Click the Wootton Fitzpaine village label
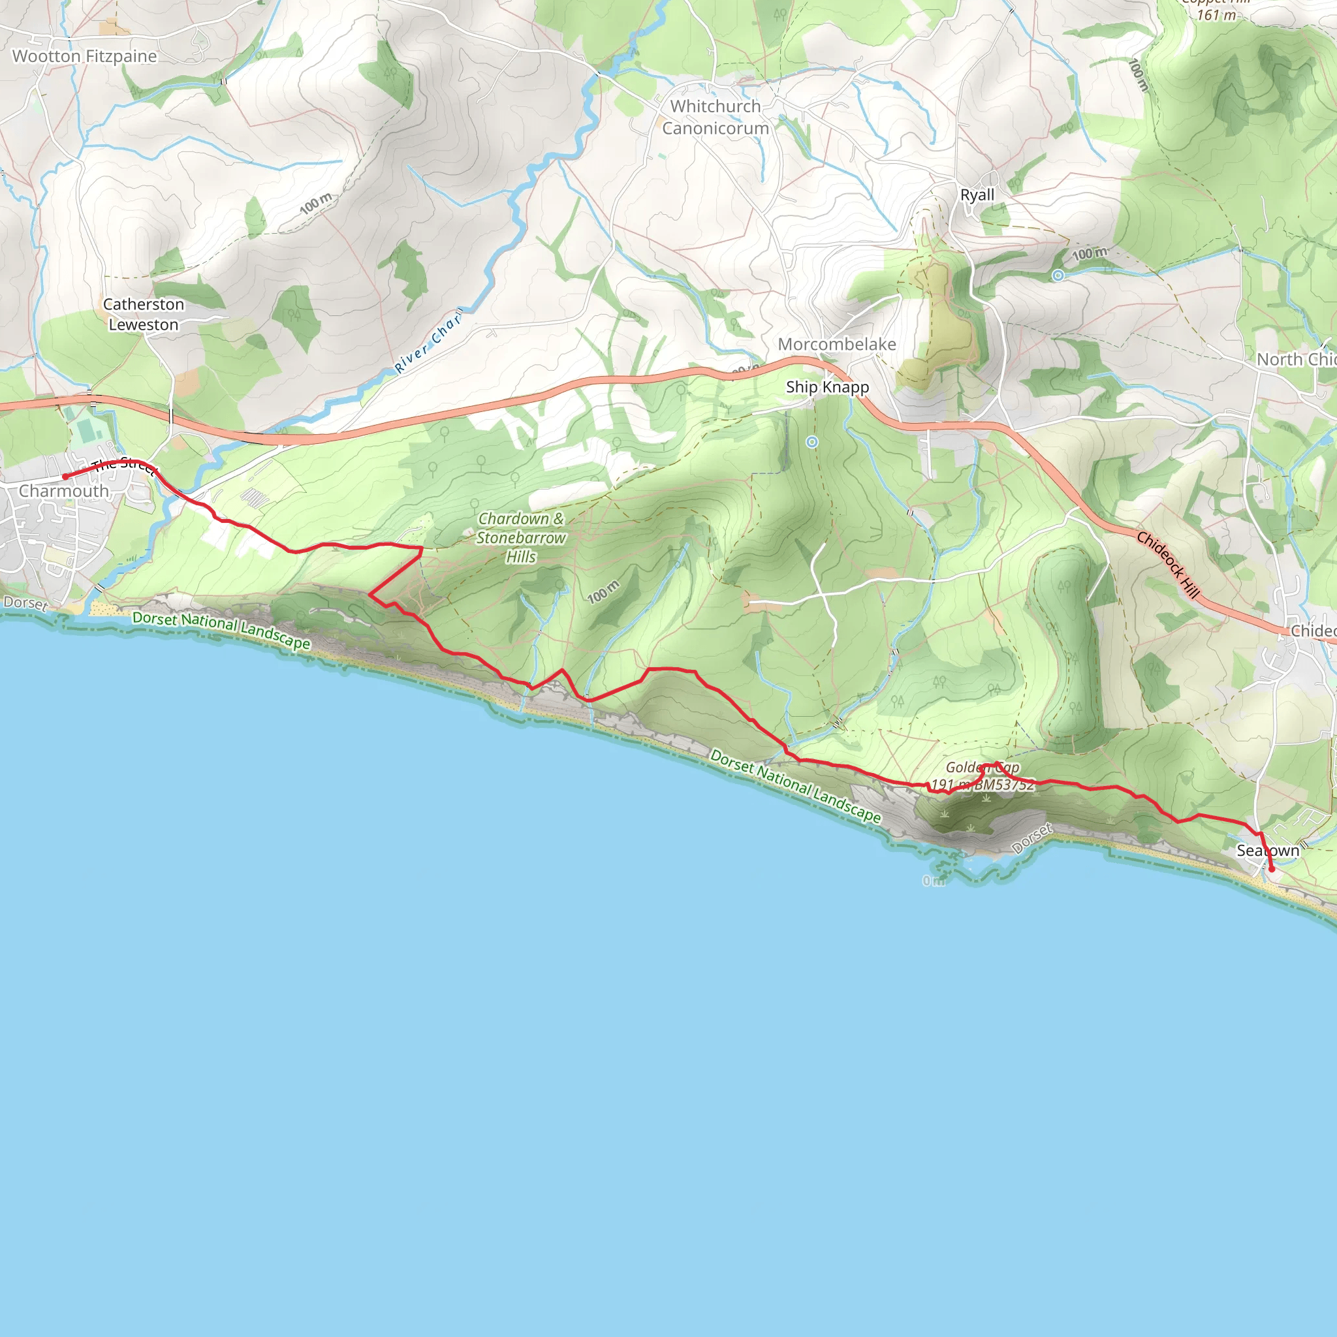[x=84, y=56]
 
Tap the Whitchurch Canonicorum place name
[x=716, y=117]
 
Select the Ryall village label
[x=977, y=195]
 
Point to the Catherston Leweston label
[x=143, y=314]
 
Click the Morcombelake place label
[x=837, y=344]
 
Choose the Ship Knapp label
[x=827, y=387]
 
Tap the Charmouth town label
[x=64, y=491]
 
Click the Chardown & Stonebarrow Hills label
[x=520, y=537]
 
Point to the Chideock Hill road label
[x=1167, y=564]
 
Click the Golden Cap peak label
[x=982, y=768]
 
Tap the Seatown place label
[x=1268, y=851]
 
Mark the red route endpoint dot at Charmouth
[x=66, y=476]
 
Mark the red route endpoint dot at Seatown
[x=1272, y=869]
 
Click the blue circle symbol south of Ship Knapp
[x=811, y=442]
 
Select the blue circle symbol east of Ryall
[x=1058, y=275]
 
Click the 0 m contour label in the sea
[x=934, y=881]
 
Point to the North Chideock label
[x=1296, y=359]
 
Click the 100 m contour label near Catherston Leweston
[x=315, y=204]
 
